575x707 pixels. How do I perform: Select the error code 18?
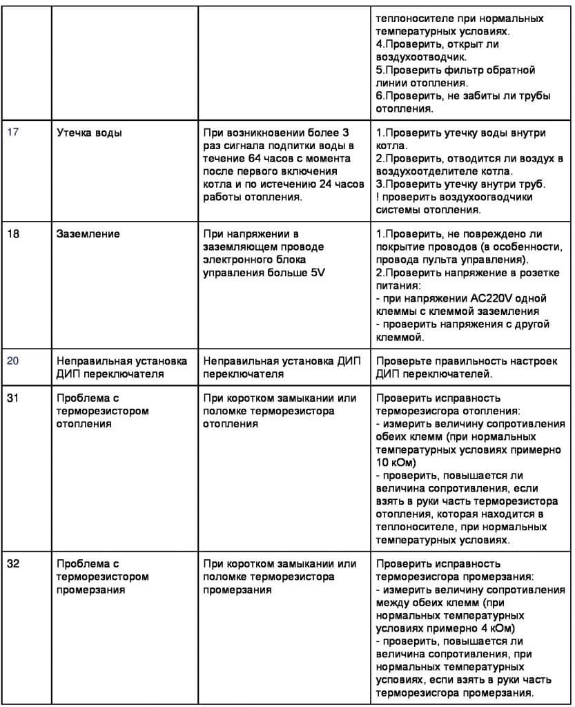[13, 234]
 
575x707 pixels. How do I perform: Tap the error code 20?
[13, 362]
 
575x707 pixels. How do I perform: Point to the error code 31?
[13, 398]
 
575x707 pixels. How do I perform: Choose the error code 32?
[13, 564]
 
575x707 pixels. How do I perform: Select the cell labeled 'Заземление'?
[88, 234]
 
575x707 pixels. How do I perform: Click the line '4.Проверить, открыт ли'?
[437, 45]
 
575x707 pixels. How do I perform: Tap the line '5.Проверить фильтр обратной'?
[455, 70]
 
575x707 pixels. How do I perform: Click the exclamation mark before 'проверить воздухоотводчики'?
[378, 197]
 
